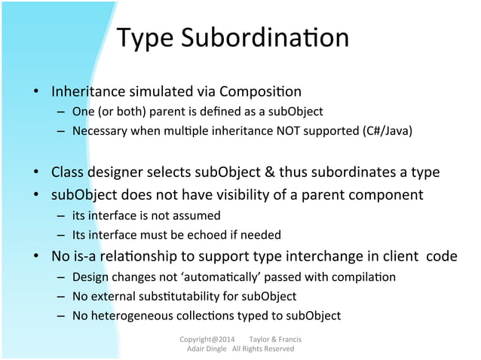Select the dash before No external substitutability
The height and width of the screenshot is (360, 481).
coord(60,296)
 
